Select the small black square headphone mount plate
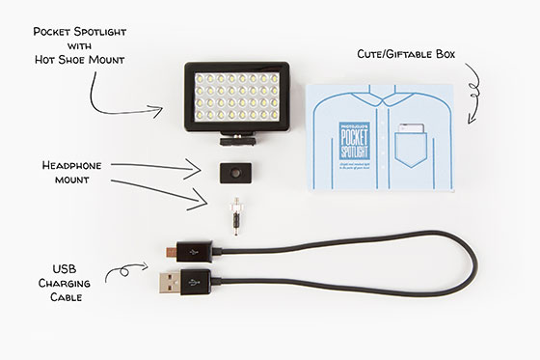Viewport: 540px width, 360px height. pyautogui.click(x=231, y=173)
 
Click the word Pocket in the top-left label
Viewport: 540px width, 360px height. pyautogui.click(x=57, y=31)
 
